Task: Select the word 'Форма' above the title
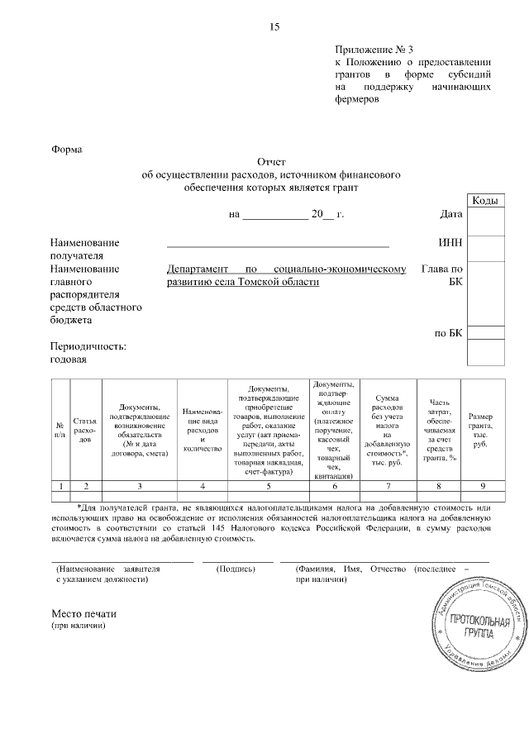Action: pyautogui.click(x=67, y=150)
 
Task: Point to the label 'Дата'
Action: pyautogui.click(x=450, y=214)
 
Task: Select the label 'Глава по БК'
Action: pyautogui.click(x=442, y=275)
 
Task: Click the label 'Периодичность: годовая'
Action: pyautogui.click(x=88, y=353)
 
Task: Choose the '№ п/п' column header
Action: pyautogui.click(x=60, y=429)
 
